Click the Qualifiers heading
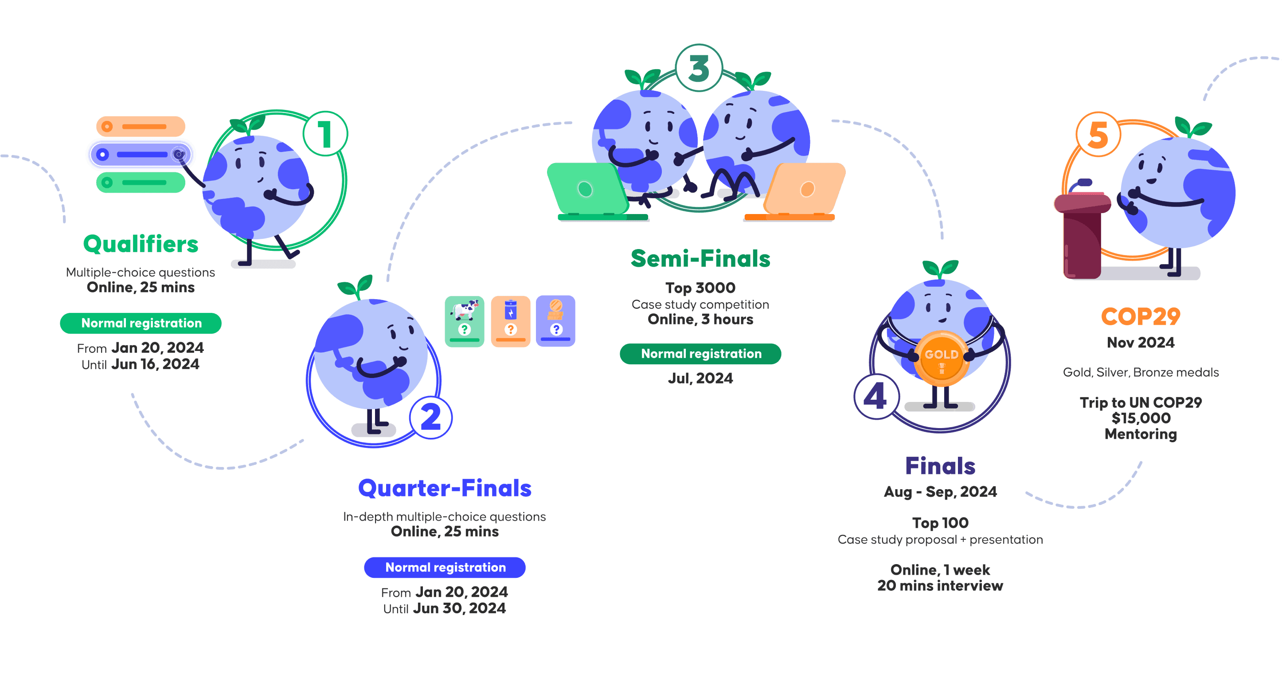point(141,244)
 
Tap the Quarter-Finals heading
point(445,488)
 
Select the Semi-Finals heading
point(700,259)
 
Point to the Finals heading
point(940,466)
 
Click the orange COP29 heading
point(1140,316)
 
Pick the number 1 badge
point(325,134)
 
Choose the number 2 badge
point(430,417)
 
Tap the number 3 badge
point(698,68)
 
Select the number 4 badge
point(876,397)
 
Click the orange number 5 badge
point(1098,134)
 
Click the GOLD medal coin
point(941,358)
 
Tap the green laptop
point(590,191)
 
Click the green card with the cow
point(464,321)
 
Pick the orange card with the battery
point(511,321)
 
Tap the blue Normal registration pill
point(445,568)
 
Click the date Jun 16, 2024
point(155,364)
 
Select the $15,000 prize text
point(1141,418)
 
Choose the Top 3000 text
point(700,288)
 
